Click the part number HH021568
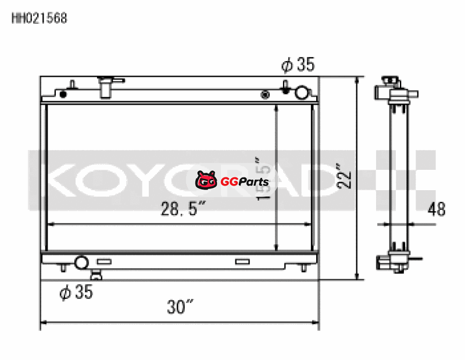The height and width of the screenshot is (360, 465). click(40, 18)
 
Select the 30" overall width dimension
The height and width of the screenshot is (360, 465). click(180, 306)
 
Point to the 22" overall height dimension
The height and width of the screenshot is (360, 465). click(344, 176)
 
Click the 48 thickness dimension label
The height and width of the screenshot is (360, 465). click(437, 209)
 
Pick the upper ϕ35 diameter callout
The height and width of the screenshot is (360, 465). click(298, 65)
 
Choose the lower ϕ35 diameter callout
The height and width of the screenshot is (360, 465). click(76, 292)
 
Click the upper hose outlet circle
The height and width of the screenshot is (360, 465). click(302, 92)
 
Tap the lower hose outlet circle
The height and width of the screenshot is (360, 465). click(81, 263)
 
